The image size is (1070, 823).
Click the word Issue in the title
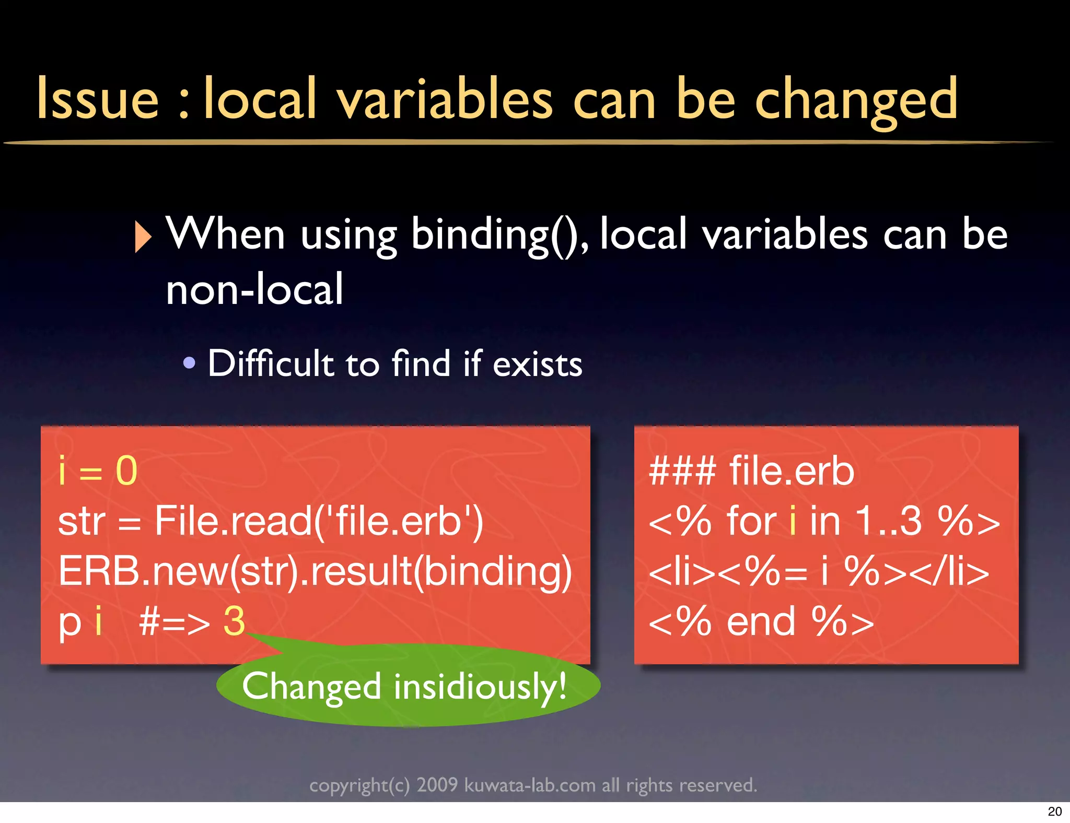pyautogui.click(x=98, y=98)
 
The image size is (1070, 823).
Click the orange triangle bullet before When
pyautogui.click(x=142, y=237)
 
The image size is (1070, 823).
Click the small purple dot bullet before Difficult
pyautogui.click(x=190, y=362)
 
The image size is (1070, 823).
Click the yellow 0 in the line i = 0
pyautogui.click(x=126, y=471)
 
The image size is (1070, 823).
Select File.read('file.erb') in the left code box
pyautogui.click(x=319, y=521)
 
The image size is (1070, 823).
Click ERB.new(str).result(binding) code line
pyautogui.click(x=315, y=571)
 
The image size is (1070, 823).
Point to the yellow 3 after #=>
pyautogui.click(x=234, y=621)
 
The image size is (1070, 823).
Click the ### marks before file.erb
pyautogui.click(x=682, y=471)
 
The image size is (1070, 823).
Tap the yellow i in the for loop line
pyautogui.click(x=793, y=521)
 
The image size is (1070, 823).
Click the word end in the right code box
pyautogui.click(x=761, y=621)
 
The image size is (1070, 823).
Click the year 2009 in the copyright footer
pyautogui.click(x=437, y=785)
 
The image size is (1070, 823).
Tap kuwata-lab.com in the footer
pyautogui.click(x=530, y=785)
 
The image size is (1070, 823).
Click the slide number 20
pyautogui.click(x=1054, y=812)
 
